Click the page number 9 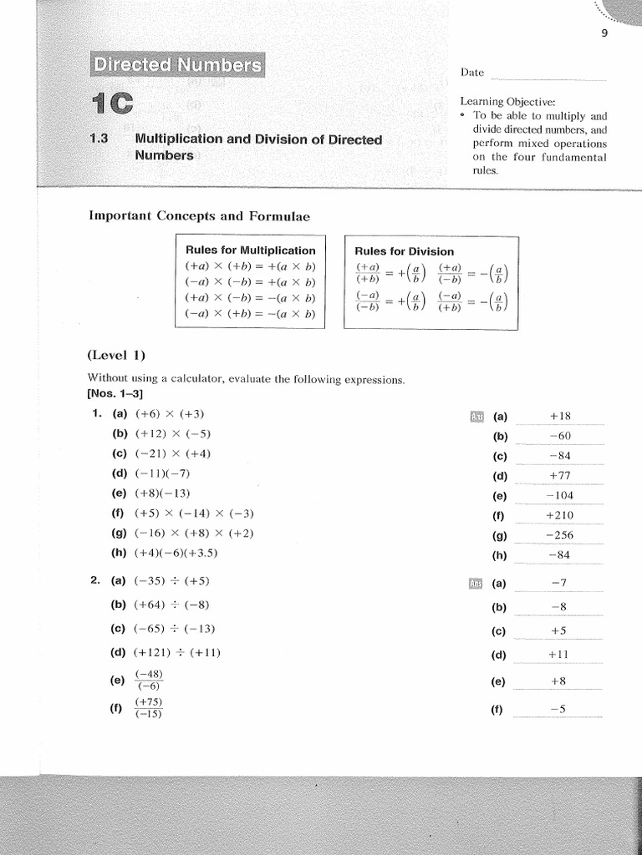point(604,33)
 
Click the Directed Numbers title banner point(176,65)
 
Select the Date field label point(472,73)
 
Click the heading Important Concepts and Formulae point(199,216)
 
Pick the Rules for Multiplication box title point(251,250)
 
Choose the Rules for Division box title point(405,250)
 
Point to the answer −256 point(559,535)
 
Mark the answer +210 point(559,515)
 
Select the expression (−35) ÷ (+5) point(172,581)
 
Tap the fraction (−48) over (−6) point(149,680)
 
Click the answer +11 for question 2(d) point(559,655)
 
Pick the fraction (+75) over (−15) point(149,708)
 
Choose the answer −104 point(559,496)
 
